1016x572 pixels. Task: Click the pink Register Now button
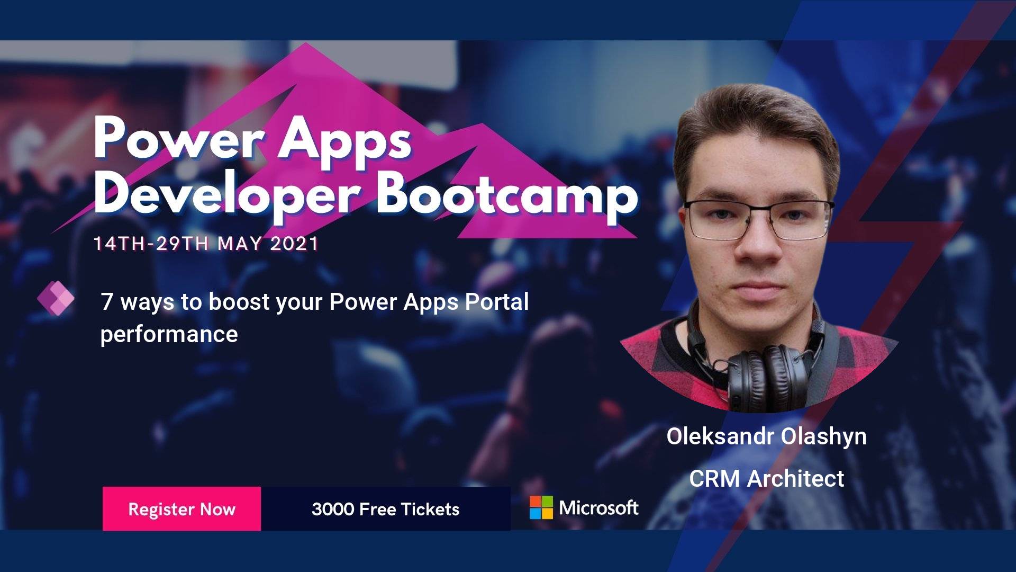(182, 508)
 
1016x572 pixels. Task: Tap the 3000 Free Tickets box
(386, 508)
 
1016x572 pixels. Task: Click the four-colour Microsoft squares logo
(541, 507)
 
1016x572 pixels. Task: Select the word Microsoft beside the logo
(598, 508)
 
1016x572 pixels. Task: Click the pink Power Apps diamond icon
(56, 298)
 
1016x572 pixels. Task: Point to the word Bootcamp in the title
(507, 195)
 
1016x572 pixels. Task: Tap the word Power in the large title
(179, 139)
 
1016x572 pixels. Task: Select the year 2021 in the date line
(294, 244)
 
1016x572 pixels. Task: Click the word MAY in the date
(240, 244)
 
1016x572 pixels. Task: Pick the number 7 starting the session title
(107, 302)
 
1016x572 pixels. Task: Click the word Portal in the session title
(496, 301)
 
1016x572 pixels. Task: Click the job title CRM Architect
(767, 478)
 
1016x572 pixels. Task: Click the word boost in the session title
(239, 301)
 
